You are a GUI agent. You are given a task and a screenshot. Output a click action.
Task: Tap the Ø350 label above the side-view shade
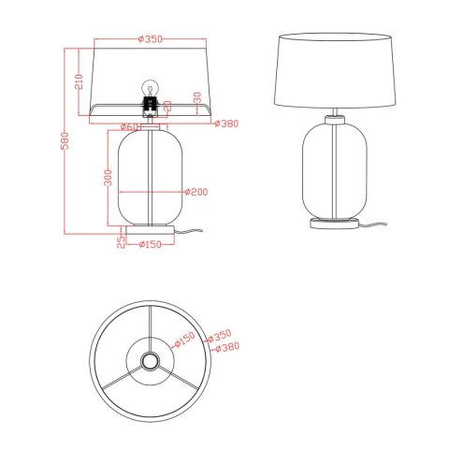150,38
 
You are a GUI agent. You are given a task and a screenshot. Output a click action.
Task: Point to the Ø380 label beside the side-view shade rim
228,123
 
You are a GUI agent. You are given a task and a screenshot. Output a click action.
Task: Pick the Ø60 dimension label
130,126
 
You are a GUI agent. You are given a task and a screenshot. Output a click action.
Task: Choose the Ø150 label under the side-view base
152,246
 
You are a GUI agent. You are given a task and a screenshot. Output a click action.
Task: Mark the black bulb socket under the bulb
148,102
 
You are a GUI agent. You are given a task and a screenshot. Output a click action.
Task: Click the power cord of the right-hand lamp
382,225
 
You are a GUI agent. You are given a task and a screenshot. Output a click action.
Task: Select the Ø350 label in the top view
222,335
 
